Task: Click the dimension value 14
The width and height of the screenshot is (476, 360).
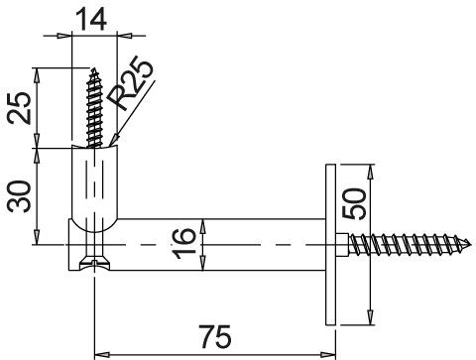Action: (91, 20)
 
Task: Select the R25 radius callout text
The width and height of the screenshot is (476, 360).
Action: (131, 86)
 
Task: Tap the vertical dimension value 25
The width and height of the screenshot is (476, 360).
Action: (20, 107)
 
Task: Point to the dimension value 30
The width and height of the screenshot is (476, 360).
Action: (20, 196)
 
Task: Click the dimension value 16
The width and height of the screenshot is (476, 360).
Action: (183, 244)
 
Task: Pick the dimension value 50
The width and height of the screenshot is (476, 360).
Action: (354, 203)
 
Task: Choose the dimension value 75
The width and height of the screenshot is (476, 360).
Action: (215, 336)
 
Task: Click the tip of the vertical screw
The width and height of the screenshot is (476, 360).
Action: (95, 68)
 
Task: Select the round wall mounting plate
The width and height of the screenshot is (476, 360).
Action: (330, 245)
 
